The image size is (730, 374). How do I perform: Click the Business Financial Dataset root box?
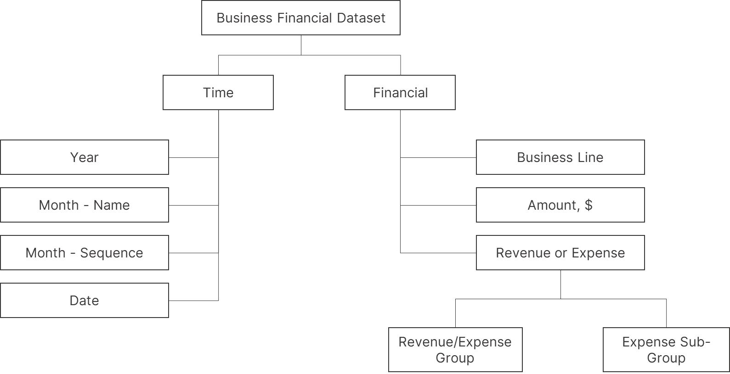pyautogui.click(x=301, y=17)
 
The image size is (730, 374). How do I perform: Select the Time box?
pyautogui.click(x=218, y=92)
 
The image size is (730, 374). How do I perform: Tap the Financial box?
pyautogui.click(x=400, y=92)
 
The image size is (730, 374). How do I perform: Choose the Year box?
pyautogui.click(x=85, y=157)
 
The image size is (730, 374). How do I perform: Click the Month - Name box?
pyautogui.click(x=85, y=205)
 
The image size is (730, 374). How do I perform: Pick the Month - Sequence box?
pyautogui.click(x=85, y=252)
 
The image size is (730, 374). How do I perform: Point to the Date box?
pyautogui.click(x=85, y=301)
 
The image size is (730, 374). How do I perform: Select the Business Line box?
pyautogui.click(x=560, y=157)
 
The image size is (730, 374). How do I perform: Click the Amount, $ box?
pyautogui.click(x=560, y=205)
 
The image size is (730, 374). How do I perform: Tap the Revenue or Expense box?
pyautogui.click(x=560, y=252)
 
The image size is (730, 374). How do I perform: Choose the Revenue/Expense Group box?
pyautogui.click(x=455, y=350)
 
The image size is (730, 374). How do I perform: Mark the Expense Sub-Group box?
pyautogui.click(x=666, y=350)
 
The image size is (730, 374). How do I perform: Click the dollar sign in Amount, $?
pyautogui.click(x=589, y=205)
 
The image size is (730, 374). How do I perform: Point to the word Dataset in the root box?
pyautogui.click(x=361, y=18)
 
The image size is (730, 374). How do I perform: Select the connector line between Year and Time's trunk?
pyautogui.click(x=193, y=157)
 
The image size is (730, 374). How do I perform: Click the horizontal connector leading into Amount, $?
pyautogui.click(x=438, y=206)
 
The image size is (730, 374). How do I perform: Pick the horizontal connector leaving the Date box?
pyautogui.click(x=193, y=301)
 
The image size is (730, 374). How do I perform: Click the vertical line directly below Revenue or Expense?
pyautogui.click(x=560, y=285)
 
